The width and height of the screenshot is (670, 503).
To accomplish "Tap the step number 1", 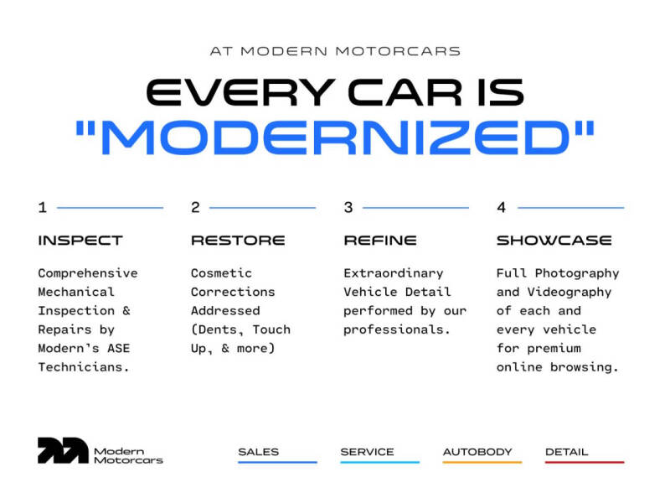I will click(42, 207).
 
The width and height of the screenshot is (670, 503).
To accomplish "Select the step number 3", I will click(348, 207).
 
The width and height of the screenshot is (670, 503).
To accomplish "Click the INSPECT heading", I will click(80, 241).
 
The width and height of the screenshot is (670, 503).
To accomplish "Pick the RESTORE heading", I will click(237, 241).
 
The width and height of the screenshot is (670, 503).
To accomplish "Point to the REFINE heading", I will click(379, 241).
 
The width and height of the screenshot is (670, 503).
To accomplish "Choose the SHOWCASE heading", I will click(554, 241).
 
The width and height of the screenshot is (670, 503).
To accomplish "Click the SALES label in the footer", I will click(258, 452).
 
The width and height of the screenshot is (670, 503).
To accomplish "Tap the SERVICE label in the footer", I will click(367, 452).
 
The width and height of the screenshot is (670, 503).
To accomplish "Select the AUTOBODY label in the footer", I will click(477, 452).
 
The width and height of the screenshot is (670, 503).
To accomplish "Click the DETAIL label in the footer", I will click(567, 452).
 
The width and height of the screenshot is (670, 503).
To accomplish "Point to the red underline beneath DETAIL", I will click(585, 462).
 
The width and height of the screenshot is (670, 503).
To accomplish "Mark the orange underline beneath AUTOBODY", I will click(482, 462).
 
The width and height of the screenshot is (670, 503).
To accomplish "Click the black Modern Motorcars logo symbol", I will click(62, 451).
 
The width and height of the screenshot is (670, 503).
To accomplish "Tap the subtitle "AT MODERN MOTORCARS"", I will click(335, 51).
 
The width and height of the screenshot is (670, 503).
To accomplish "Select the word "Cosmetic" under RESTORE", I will click(221, 273).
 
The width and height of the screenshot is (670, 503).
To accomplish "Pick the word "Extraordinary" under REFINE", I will click(393, 273).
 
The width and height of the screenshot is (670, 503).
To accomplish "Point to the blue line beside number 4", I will click(570, 208).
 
